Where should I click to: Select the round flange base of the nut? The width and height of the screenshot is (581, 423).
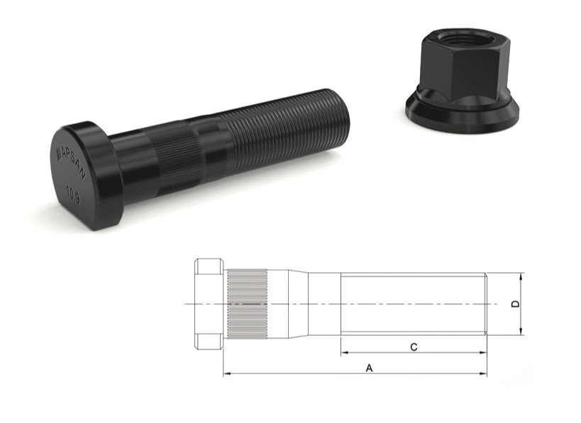463,113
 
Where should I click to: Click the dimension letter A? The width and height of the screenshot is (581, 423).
369,368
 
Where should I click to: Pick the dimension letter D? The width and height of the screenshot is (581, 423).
516,304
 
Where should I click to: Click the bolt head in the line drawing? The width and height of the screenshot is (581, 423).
208,304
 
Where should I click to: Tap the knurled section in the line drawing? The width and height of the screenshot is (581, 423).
248,304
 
